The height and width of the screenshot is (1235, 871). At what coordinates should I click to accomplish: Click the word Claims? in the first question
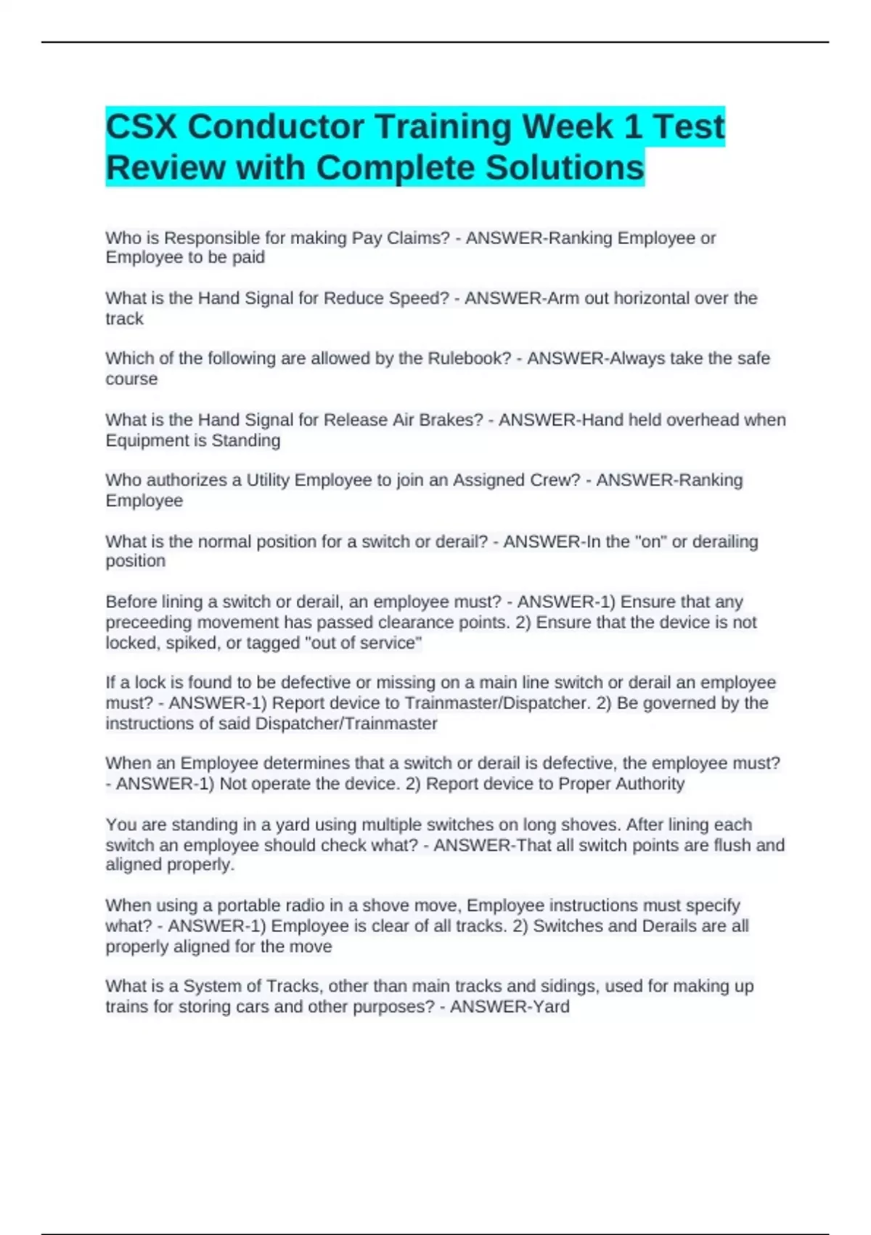(419, 238)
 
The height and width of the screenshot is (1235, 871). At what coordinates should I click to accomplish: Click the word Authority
(650, 784)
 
